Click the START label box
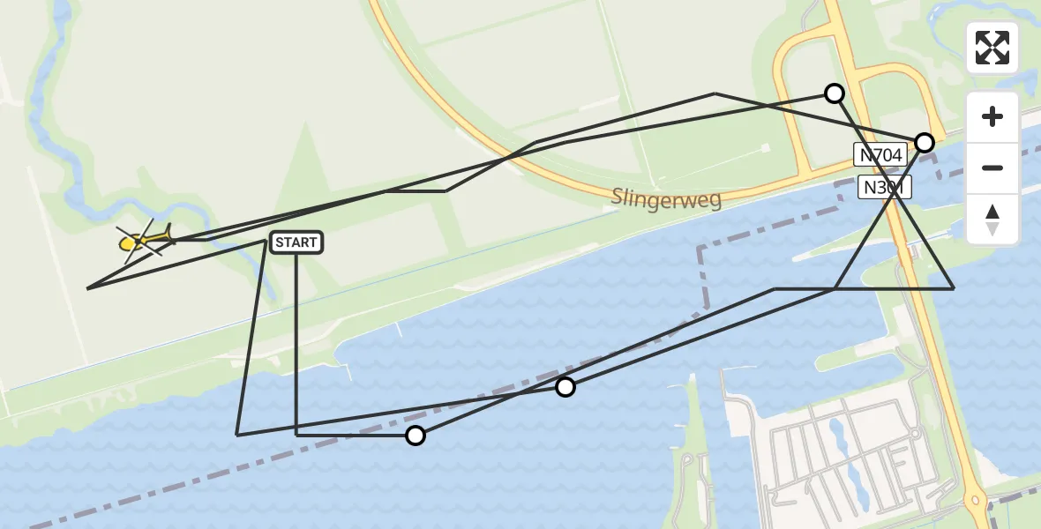(296, 242)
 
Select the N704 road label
(880, 155)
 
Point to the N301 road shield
(884, 187)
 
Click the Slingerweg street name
(666, 197)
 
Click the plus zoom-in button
(992, 116)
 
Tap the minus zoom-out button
(992, 168)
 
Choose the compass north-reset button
(992, 220)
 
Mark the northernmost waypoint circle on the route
(834, 93)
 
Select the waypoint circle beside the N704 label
(924, 143)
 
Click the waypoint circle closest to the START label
(415, 435)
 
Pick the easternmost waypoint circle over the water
(565, 387)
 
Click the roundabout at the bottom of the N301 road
(977, 500)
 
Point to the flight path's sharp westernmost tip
(88, 288)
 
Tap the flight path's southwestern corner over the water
(237, 434)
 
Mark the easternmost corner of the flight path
(953, 288)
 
